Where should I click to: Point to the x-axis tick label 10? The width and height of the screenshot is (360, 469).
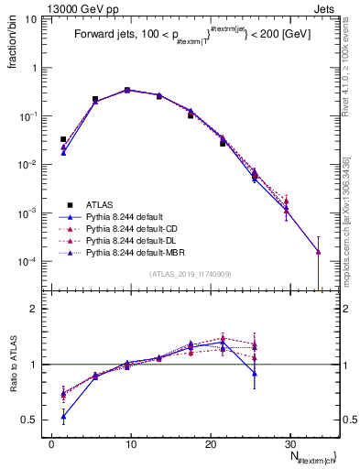pos(131,442)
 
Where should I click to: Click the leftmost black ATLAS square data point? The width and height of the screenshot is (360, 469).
pos(63,139)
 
